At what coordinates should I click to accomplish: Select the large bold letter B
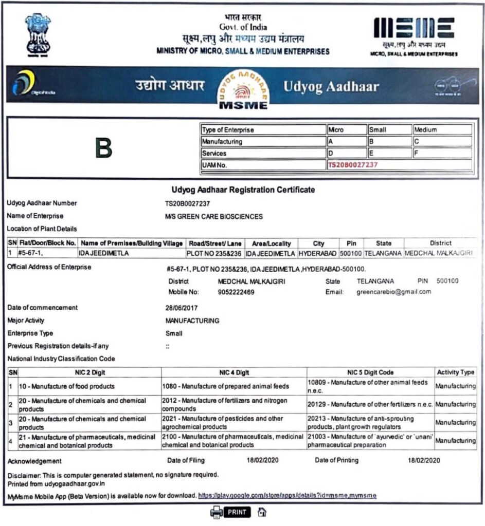pos(103,148)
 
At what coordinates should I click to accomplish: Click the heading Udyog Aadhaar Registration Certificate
pos(242,190)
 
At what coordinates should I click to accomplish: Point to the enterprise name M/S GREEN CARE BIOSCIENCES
pos(213,216)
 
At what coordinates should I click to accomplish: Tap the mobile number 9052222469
pos(236,292)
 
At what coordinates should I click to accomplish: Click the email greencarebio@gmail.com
pos(393,292)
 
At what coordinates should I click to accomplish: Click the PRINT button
pos(237,512)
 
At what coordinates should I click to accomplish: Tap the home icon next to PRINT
pos(262,512)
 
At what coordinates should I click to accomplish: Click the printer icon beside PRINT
pos(217,512)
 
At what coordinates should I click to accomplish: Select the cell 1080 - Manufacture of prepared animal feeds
pos(225,386)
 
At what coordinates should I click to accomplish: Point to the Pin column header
pos(351,243)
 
